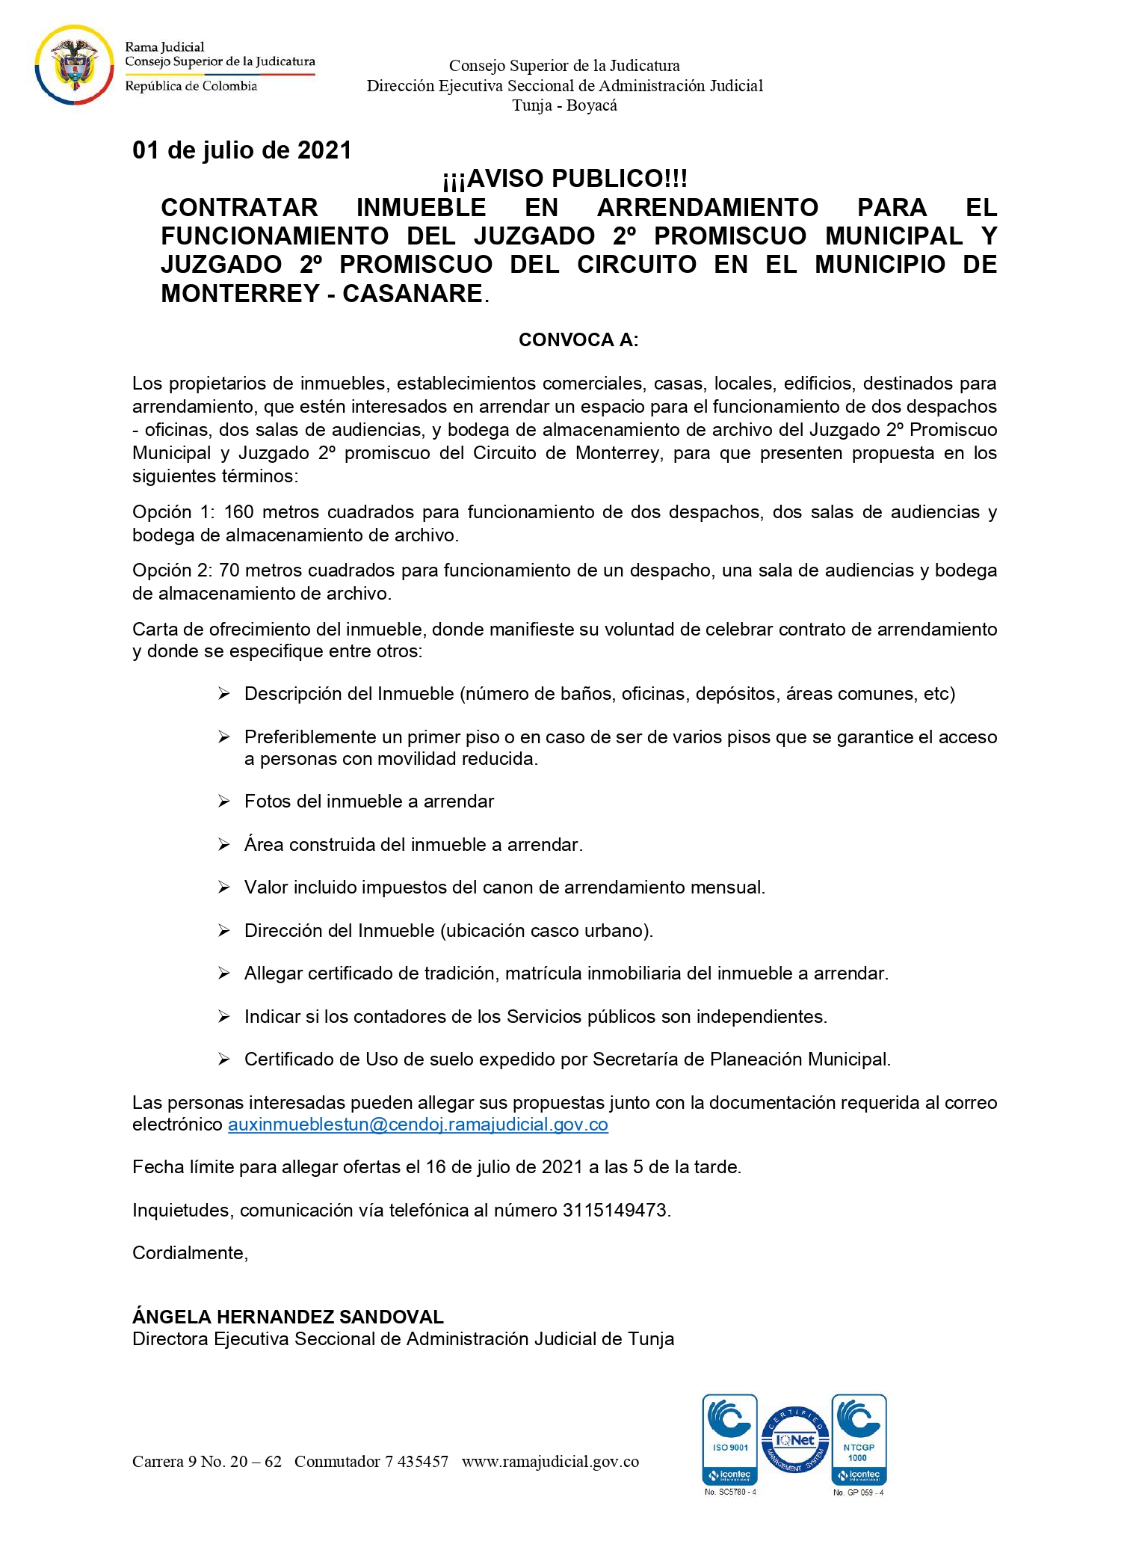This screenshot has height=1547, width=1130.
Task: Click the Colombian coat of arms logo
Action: pyautogui.click(x=73, y=66)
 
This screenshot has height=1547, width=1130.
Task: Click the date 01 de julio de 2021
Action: pyautogui.click(x=241, y=150)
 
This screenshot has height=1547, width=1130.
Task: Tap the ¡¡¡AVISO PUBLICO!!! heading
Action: pyautogui.click(x=564, y=179)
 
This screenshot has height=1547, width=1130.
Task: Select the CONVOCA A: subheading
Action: pyautogui.click(x=578, y=340)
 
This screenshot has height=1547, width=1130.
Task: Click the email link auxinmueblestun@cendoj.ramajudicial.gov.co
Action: pyautogui.click(x=418, y=1125)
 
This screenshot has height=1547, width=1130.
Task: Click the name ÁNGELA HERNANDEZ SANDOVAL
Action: pyautogui.click(x=288, y=1317)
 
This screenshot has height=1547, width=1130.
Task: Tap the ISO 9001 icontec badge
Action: pyautogui.click(x=730, y=1439)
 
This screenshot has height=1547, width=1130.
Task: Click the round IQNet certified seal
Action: pyautogui.click(x=795, y=1439)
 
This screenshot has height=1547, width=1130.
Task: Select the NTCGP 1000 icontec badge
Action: pyautogui.click(x=859, y=1439)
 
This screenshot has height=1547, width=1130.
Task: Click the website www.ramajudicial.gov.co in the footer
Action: pyautogui.click(x=550, y=1462)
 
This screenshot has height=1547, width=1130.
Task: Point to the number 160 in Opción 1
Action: pyautogui.click(x=238, y=512)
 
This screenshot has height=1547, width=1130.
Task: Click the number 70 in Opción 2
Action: pyautogui.click(x=229, y=570)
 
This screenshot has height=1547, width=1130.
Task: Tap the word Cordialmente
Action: pyautogui.click(x=189, y=1253)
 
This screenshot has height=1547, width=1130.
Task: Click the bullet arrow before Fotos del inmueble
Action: pyautogui.click(x=223, y=802)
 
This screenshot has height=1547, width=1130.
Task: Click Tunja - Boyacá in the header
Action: pyautogui.click(x=564, y=105)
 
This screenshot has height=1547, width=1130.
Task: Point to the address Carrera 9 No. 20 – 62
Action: pyautogui.click(x=207, y=1462)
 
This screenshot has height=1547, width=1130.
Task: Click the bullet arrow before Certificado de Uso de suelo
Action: pyautogui.click(x=223, y=1059)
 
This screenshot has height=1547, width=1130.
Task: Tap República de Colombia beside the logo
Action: pyautogui.click(x=191, y=86)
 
